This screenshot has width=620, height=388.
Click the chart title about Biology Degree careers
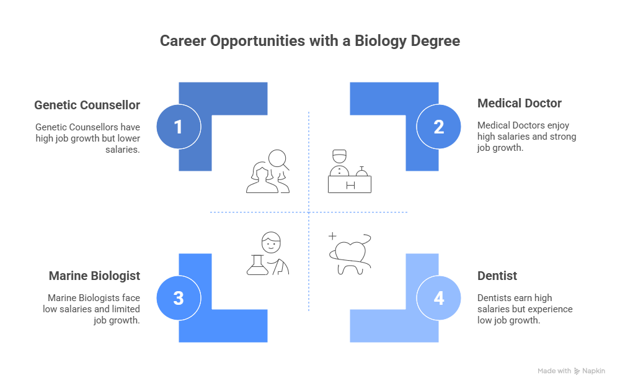coord(310,42)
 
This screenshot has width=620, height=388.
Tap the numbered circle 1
coord(179,127)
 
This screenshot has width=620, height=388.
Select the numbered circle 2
coord(439,127)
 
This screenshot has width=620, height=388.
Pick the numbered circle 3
coord(179,298)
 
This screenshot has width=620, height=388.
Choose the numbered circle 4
coord(439,298)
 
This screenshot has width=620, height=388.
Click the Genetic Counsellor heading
coord(87,105)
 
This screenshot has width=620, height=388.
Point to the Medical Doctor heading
coord(520,103)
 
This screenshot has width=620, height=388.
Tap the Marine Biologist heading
coord(94,276)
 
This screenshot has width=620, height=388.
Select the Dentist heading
coord(497,276)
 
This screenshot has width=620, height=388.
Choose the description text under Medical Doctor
coord(526,137)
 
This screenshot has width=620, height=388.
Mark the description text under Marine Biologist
coord(91,309)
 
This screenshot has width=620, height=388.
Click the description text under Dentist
coord(525,309)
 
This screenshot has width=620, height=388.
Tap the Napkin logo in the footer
coord(589,371)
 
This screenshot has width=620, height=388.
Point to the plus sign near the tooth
coord(332,237)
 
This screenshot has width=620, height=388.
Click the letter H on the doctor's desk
coord(350,185)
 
